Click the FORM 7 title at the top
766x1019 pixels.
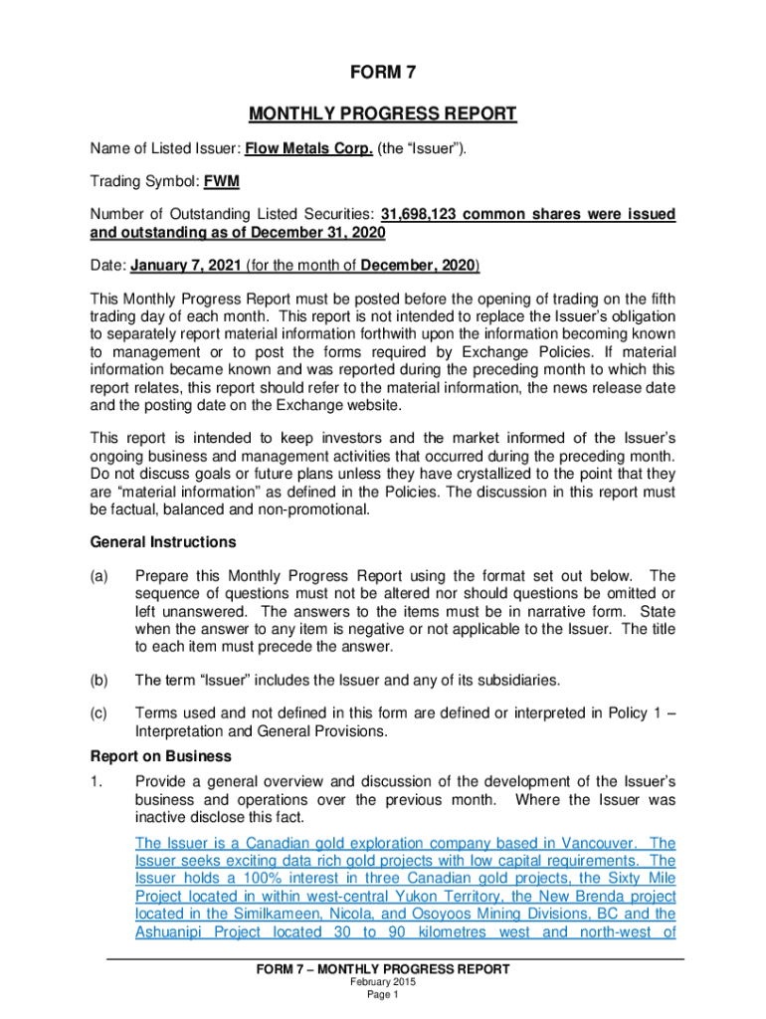382,74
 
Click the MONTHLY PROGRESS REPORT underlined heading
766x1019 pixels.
382,113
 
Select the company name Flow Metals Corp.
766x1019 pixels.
309,149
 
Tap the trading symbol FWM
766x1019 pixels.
222,183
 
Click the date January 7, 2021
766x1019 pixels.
186,266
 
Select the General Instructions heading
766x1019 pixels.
163,542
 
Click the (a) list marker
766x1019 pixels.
99,575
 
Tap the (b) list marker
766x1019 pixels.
99,680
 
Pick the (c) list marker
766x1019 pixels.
99,713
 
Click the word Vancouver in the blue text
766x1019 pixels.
583,843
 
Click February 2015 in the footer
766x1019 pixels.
382,982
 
